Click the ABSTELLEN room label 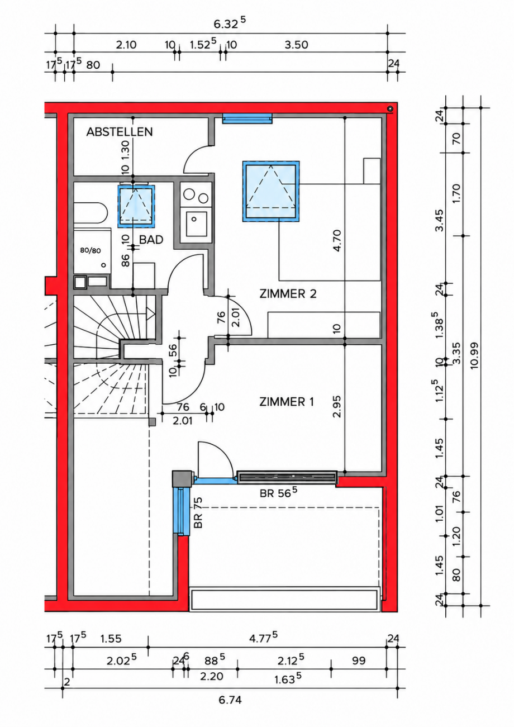(x=120, y=132)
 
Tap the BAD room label (x=151, y=240)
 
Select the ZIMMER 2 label (x=288, y=294)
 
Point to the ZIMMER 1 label (x=287, y=402)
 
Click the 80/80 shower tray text (x=91, y=250)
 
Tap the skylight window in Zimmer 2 (x=271, y=191)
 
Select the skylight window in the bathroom (x=136, y=206)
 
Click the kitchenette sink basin (x=196, y=224)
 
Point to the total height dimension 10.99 (x=474, y=355)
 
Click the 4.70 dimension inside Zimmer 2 (x=337, y=240)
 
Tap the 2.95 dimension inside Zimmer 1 (x=337, y=406)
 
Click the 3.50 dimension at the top (x=296, y=45)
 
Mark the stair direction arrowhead (x=150, y=314)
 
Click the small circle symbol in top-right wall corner (x=391, y=109)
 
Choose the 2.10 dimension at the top (x=126, y=45)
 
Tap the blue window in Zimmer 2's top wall (x=248, y=118)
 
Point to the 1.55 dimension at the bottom (x=111, y=639)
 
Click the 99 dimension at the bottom (x=359, y=661)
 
